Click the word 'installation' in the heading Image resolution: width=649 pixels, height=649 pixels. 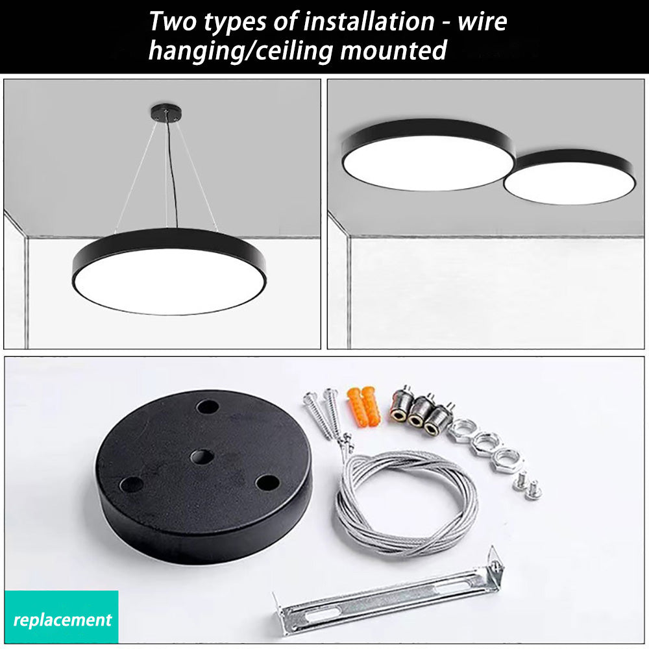coord(369,21)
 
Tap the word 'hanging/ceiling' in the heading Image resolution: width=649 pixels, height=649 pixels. coord(241,51)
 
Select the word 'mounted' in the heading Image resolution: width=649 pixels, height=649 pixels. coord(393,51)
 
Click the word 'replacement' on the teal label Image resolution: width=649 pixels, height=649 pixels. coord(62,620)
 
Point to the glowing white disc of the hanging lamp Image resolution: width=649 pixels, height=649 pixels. coord(169,280)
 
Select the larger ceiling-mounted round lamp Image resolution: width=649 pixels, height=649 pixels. coord(428,155)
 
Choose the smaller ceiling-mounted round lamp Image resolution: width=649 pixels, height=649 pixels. coord(570,177)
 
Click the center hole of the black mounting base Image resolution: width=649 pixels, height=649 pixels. coord(202,458)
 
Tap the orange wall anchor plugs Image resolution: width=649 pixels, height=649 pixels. coord(364,406)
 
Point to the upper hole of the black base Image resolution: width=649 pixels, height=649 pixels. coord(208,406)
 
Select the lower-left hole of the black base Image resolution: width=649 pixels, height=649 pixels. coord(131,484)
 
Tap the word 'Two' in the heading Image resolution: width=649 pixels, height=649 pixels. coord(173,21)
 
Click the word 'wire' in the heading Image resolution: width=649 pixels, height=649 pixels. coord(482,21)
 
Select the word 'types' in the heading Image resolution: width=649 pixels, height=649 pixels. coord(234,23)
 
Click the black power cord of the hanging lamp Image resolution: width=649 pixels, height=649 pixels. coord(173,174)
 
